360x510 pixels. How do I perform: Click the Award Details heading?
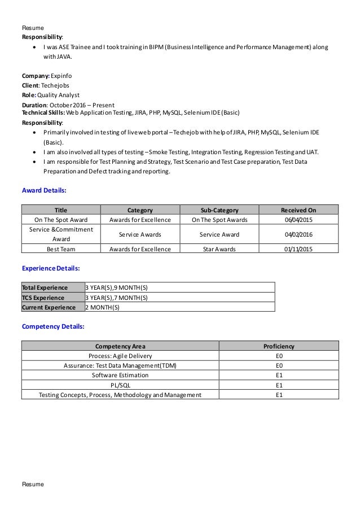[x=44, y=191]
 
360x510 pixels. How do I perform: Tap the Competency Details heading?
[x=53, y=326]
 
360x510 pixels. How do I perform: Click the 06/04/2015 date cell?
[x=298, y=220]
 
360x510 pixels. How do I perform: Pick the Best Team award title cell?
[x=60, y=249]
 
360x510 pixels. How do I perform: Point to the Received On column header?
[x=298, y=210]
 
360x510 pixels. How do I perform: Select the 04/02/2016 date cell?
[x=298, y=234]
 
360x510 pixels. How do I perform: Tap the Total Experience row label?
[x=45, y=287]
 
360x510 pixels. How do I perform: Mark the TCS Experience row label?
[x=43, y=298]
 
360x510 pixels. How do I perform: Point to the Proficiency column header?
[x=279, y=346]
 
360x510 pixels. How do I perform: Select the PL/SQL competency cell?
[x=120, y=385]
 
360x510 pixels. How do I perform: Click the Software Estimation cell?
[x=120, y=375]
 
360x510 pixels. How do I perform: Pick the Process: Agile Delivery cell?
[x=120, y=356]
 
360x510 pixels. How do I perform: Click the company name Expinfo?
[x=61, y=75]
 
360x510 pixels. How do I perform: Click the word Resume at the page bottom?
[x=33, y=485]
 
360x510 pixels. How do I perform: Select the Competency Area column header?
[x=120, y=346]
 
